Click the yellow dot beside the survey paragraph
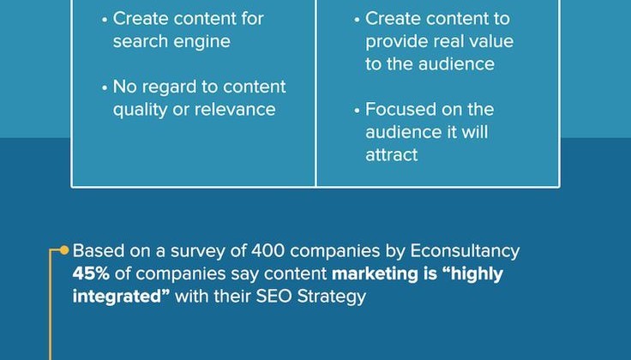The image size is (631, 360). click(64, 250)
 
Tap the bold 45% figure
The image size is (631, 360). click(91, 273)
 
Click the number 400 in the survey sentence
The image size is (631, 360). click(267, 250)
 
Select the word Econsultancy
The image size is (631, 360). click(465, 251)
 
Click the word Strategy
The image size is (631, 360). click(332, 297)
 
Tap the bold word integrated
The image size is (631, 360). click(117, 297)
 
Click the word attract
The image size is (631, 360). click(392, 155)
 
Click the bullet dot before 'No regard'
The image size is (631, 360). click(105, 87)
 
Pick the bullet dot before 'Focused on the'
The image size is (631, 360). click(357, 111)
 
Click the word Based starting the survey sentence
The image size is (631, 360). click(99, 250)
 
